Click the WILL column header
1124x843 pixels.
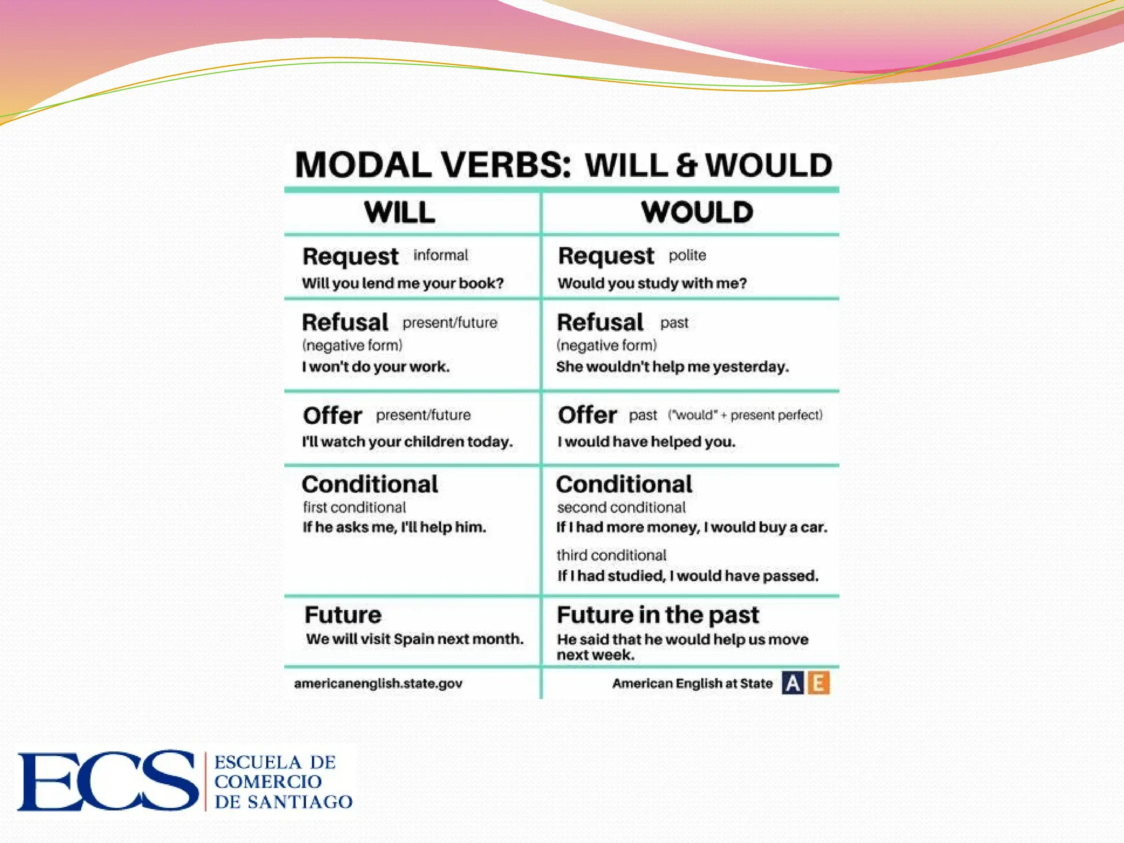399,212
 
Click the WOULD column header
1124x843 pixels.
697,212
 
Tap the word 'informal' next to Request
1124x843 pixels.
441,255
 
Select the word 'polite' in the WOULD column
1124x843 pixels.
687,255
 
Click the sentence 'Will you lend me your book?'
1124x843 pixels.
402,283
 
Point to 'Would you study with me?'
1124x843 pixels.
652,283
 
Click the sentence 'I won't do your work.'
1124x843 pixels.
375,367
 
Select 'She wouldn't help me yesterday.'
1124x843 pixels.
672,367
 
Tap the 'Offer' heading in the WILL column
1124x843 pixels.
333,415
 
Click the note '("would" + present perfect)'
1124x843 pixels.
745,415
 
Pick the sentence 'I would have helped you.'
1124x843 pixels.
646,442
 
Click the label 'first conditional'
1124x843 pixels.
355,507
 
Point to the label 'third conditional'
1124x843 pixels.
611,555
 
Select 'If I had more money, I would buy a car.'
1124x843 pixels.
692,527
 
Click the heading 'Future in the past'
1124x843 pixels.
657,615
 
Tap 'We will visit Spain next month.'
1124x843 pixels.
414,639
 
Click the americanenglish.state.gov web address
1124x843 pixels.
378,683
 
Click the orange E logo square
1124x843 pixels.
818,683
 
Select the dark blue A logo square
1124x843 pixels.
793,683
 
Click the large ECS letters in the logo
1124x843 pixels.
108,780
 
